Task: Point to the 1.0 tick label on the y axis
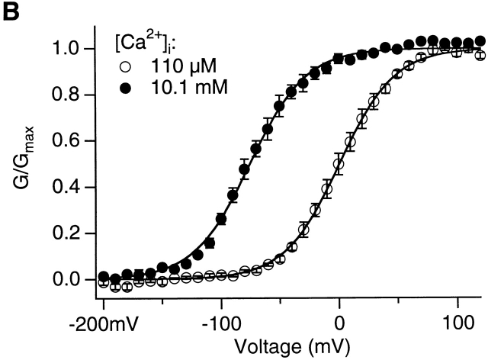tap(73, 50)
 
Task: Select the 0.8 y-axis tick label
tap(73, 95)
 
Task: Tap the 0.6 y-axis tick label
tap(73, 142)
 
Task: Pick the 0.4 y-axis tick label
tap(73, 188)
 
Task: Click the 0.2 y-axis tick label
tap(73, 234)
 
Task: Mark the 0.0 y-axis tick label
tap(73, 280)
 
